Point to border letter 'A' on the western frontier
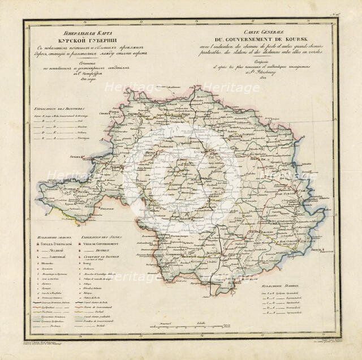(85, 138)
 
